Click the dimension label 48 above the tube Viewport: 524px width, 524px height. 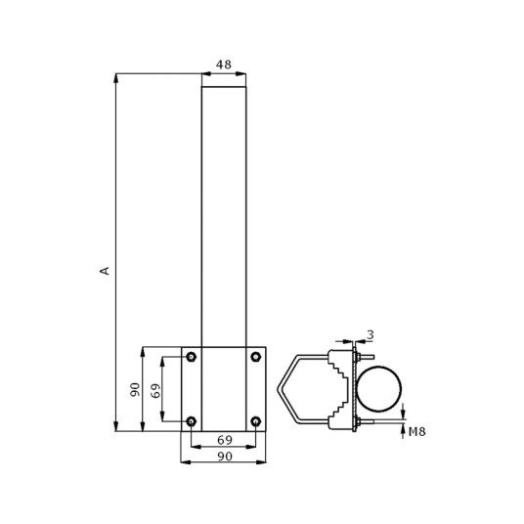click(224, 65)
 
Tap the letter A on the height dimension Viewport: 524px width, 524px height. click(105, 271)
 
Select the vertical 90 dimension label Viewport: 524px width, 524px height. click(135, 390)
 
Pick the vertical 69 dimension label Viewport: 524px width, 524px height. click(155, 390)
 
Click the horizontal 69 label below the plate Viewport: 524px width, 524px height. click(225, 440)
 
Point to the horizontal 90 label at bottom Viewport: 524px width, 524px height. click(225, 457)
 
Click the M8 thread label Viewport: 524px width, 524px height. click(417, 432)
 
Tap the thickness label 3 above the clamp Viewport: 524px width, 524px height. click(371, 334)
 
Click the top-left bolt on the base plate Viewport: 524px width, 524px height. click(191, 357)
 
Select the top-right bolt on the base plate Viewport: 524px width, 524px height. click(256, 357)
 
